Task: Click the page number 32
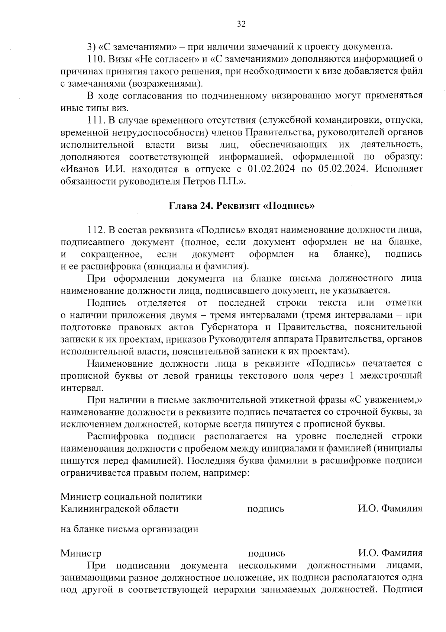tap(241, 24)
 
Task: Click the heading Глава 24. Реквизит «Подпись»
tap(242, 206)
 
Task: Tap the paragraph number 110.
tap(96, 59)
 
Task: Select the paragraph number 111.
tap(96, 120)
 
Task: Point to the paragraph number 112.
tap(96, 230)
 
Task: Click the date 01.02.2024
tap(271, 169)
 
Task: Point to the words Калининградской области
tap(119, 509)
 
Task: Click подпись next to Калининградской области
tap(265, 509)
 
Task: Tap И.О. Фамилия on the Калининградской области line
tap(390, 509)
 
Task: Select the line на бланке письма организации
tap(129, 529)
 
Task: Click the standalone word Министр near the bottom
tap(81, 554)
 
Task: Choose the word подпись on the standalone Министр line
tap(266, 554)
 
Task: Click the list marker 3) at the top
tap(92, 47)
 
